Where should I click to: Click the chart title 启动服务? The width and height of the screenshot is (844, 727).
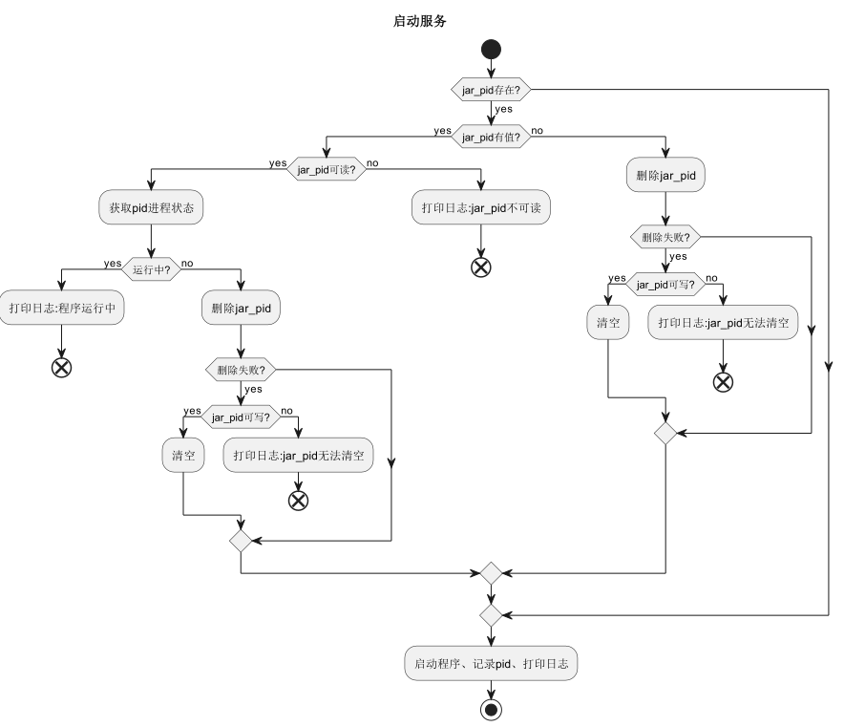[x=420, y=18]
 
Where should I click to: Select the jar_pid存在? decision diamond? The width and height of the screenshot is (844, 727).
[x=491, y=89]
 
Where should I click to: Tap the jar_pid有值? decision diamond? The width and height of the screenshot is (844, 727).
[x=491, y=137]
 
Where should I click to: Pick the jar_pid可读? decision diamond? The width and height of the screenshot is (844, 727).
[x=326, y=170]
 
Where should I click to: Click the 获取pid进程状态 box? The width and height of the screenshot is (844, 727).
[x=150, y=208]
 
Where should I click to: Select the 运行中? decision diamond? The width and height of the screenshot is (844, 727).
[x=152, y=269]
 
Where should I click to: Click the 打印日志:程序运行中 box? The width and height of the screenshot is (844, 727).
[x=62, y=308]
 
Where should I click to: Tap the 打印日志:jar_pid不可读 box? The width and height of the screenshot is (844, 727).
[x=481, y=208]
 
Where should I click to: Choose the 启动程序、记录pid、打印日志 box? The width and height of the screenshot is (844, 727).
[x=491, y=663]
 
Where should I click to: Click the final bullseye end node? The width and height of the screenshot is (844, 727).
[x=491, y=709]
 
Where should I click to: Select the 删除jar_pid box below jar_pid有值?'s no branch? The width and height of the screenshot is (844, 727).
[x=665, y=175]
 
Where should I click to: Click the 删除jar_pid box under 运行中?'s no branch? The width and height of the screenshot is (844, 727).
[x=241, y=308]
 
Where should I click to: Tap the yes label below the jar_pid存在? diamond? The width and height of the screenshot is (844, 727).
[x=503, y=109]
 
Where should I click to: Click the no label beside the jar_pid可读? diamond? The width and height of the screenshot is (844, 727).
[x=372, y=162]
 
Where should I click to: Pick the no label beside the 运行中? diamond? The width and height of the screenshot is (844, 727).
[x=187, y=262]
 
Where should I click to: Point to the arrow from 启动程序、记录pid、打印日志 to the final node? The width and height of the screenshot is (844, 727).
[x=491, y=690]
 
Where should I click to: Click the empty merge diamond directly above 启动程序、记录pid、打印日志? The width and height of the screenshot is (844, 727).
[x=491, y=613]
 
